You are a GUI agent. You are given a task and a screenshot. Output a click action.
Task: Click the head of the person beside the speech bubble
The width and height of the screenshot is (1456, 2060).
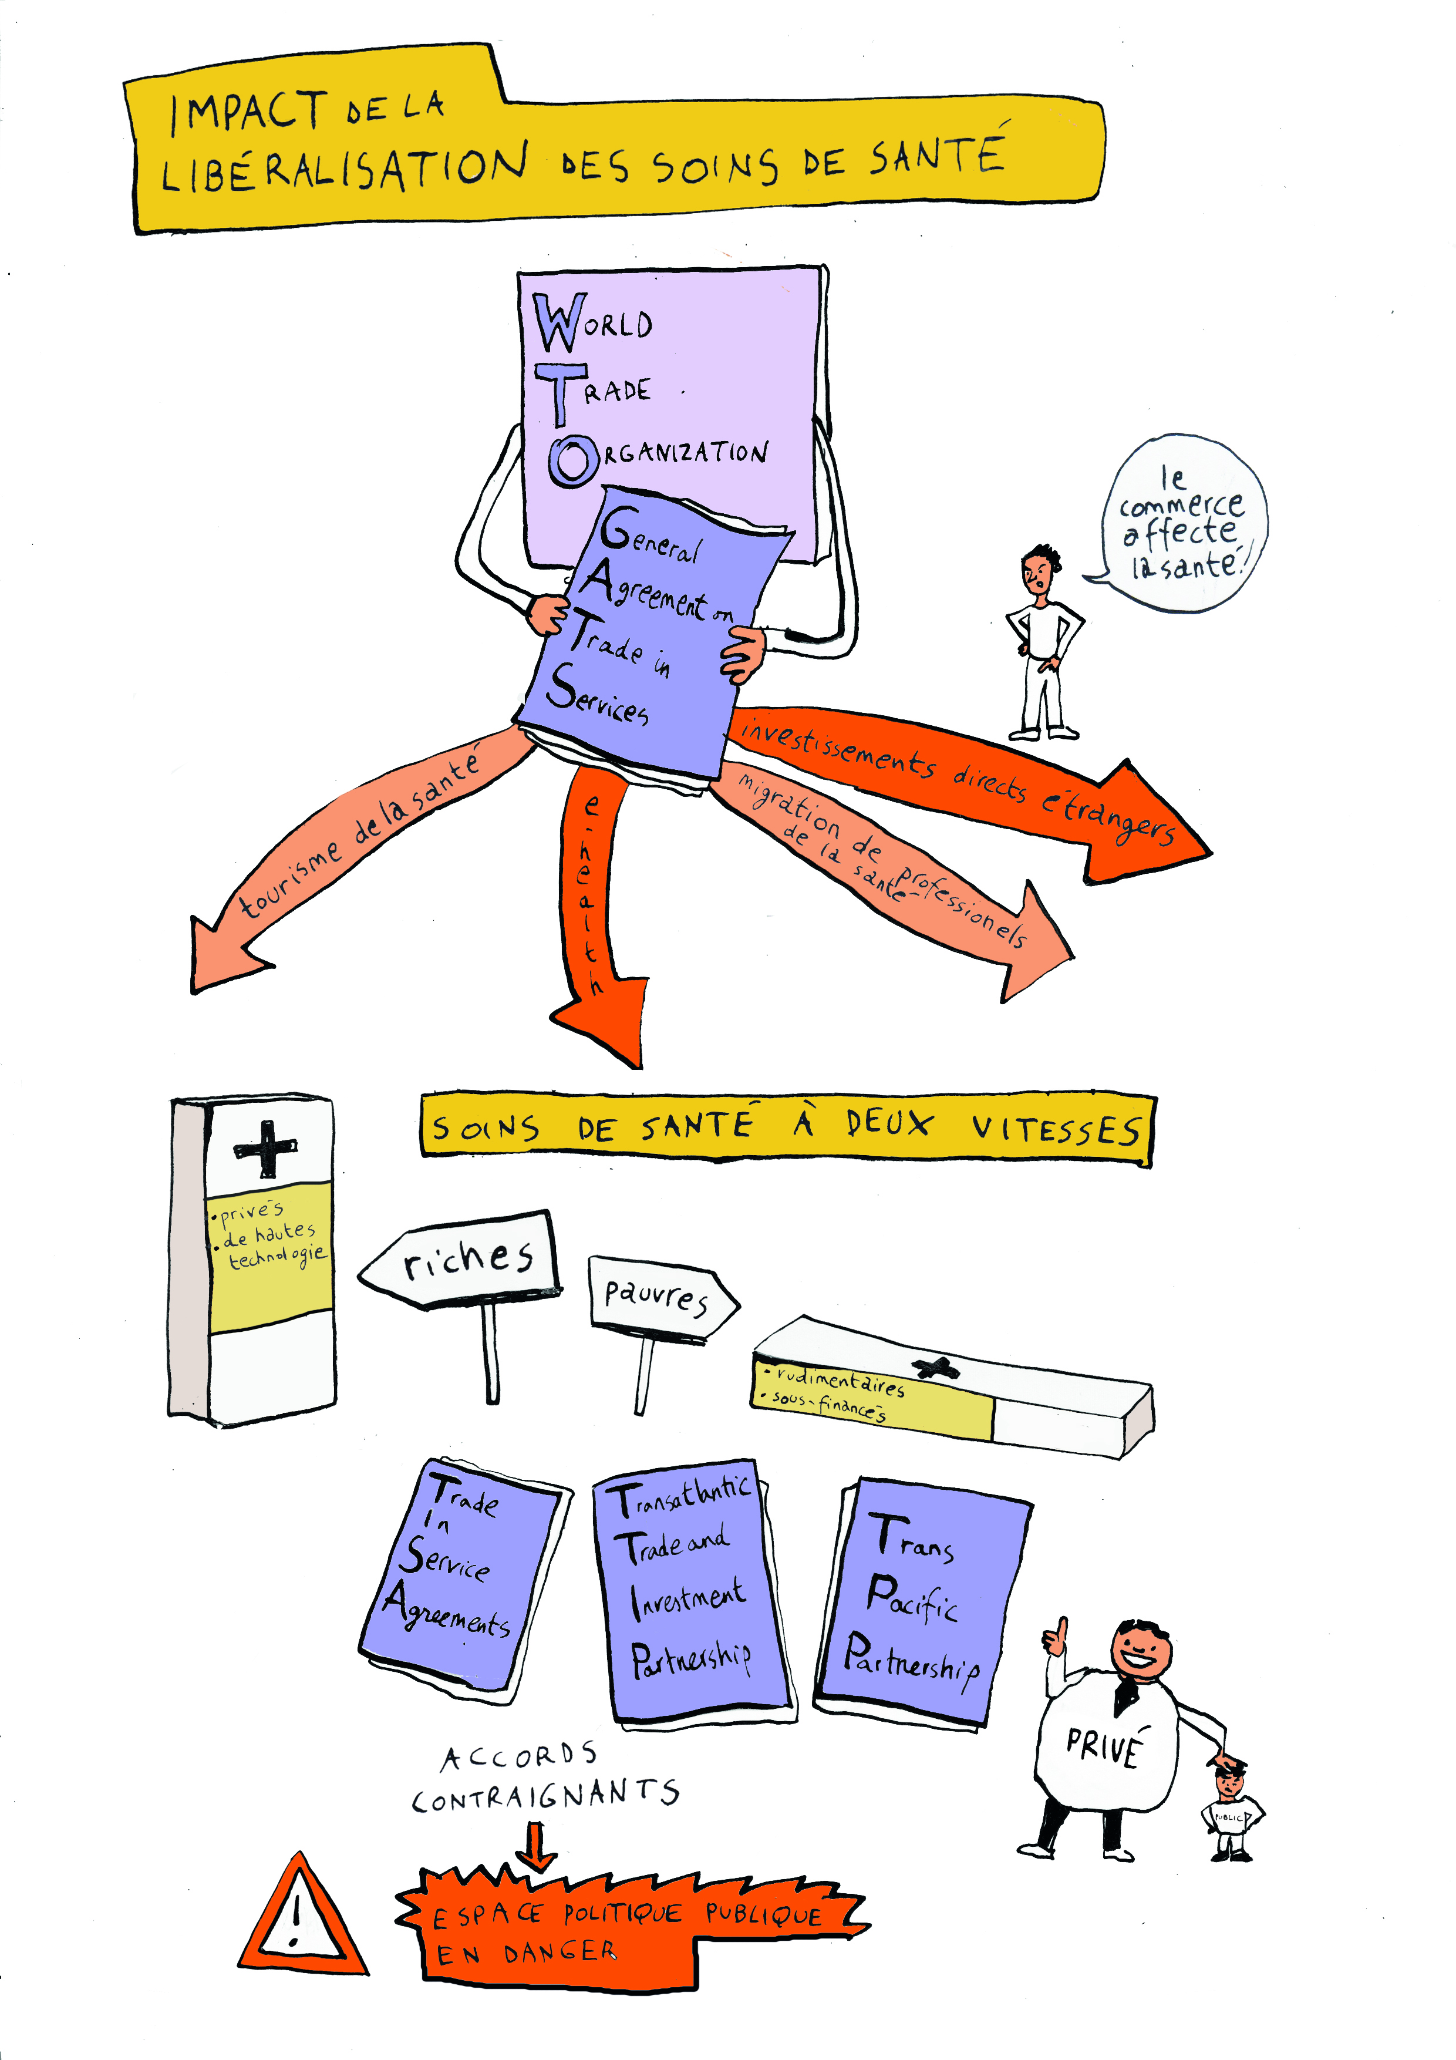point(1039,567)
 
